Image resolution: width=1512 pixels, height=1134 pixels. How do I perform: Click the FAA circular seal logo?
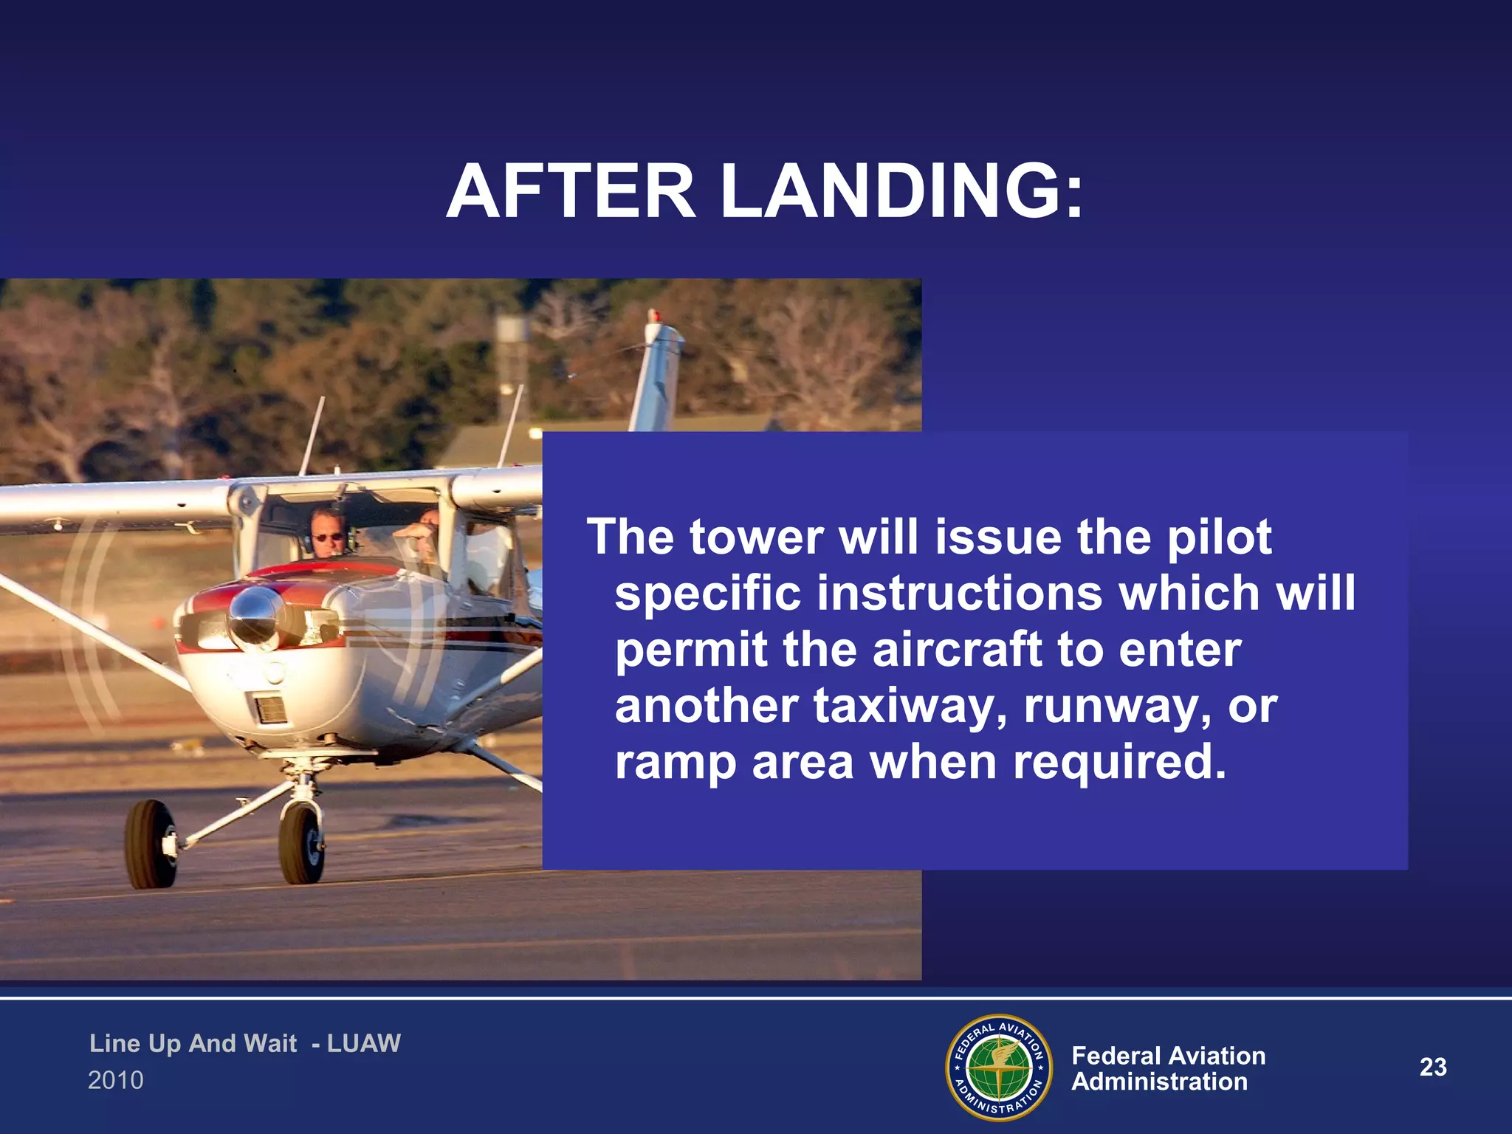[x=999, y=1068]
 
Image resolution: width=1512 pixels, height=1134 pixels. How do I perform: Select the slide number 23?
[x=1433, y=1067]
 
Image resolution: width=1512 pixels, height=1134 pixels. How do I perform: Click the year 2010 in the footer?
[x=116, y=1080]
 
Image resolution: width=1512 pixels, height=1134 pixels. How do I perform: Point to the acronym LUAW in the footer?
[x=363, y=1043]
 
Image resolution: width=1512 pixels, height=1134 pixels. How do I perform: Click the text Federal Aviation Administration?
[x=1168, y=1068]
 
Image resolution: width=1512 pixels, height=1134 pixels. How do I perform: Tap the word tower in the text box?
[x=757, y=537]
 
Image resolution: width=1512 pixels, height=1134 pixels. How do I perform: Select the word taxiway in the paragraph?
[x=910, y=706]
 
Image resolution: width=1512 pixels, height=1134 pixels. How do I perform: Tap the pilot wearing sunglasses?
[x=327, y=533]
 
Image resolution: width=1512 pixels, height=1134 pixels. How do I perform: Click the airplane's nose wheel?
[x=301, y=842]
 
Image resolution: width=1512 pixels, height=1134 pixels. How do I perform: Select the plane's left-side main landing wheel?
[x=151, y=843]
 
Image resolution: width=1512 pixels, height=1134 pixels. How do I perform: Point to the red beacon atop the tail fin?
[x=654, y=316]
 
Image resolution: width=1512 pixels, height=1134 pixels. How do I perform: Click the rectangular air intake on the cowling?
[x=270, y=709]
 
